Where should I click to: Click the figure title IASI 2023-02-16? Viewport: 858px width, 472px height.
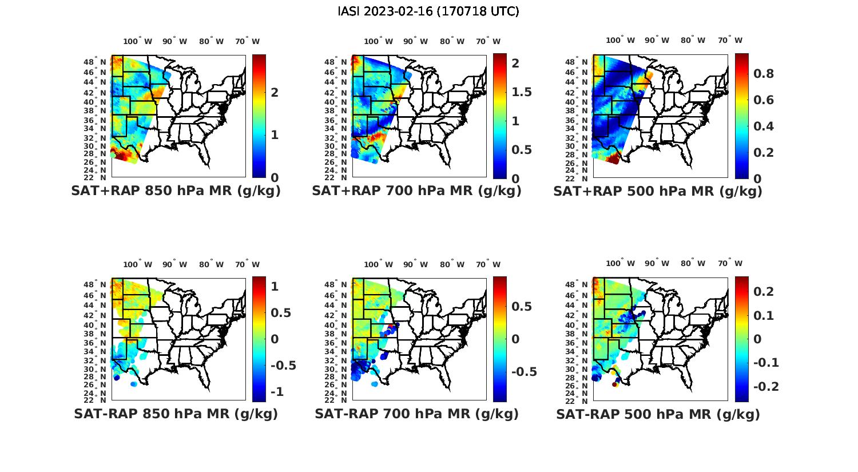click(x=428, y=11)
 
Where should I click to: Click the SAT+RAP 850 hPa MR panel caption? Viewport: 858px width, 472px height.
click(x=176, y=191)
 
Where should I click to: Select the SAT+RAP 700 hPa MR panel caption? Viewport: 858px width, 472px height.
click(x=416, y=191)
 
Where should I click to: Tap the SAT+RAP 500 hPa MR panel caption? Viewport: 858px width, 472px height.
click(x=658, y=192)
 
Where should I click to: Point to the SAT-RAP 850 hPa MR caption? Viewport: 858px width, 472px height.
click(x=176, y=414)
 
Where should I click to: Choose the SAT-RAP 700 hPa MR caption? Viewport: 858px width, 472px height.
click(x=416, y=414)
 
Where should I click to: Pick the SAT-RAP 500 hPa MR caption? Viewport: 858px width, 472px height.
click(x=658, y=414)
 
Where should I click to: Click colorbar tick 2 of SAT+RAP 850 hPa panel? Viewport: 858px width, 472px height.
click(x=275, y=92)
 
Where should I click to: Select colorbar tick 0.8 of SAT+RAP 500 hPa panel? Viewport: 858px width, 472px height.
click(x=764, y=74)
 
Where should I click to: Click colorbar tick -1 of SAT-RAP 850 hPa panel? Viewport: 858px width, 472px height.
click(x=277, y=392)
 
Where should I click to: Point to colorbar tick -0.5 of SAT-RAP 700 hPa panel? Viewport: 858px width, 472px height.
click(x=523, y=372)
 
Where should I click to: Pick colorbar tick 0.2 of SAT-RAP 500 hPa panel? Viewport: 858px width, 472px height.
click(x=764, y=292)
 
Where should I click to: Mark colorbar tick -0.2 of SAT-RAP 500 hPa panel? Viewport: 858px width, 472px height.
click(x=766, y=387)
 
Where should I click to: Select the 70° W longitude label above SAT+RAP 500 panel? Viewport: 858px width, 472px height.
click(x=730, y=40)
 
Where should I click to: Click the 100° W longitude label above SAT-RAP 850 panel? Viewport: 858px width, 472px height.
click(x=138, y=264)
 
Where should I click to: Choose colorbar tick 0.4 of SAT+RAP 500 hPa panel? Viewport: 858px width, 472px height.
click(x=764, y=126)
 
